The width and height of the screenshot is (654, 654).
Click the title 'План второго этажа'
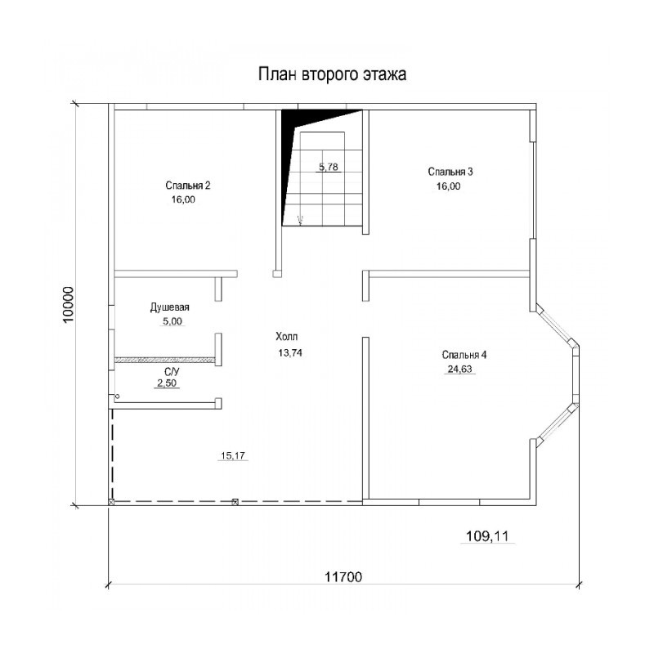(333, 74)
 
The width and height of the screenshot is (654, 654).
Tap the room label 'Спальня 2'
(188, 186)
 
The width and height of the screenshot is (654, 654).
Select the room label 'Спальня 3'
(450, 172)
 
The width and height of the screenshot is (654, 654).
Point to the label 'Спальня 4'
(464, 355)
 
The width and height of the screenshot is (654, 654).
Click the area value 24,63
(459, 370)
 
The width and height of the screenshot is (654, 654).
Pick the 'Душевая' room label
(170, 307)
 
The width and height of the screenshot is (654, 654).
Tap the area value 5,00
(171, 321)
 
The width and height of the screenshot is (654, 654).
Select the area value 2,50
(167, 383)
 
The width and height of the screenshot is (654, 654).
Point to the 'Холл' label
(287, 337)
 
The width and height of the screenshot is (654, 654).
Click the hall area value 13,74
(290, 353)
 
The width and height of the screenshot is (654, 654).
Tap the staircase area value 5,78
(329, 167)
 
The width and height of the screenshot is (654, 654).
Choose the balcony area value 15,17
(233, 455)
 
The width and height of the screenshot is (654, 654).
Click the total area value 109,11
(487, 536)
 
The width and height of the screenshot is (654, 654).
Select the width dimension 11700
(343, 577)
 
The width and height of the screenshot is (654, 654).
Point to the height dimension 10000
(68, 304)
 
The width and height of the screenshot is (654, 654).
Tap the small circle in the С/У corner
(118, 396)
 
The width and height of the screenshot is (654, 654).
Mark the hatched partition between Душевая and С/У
(165, 359)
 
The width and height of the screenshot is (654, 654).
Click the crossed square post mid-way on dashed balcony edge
(235, 502)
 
